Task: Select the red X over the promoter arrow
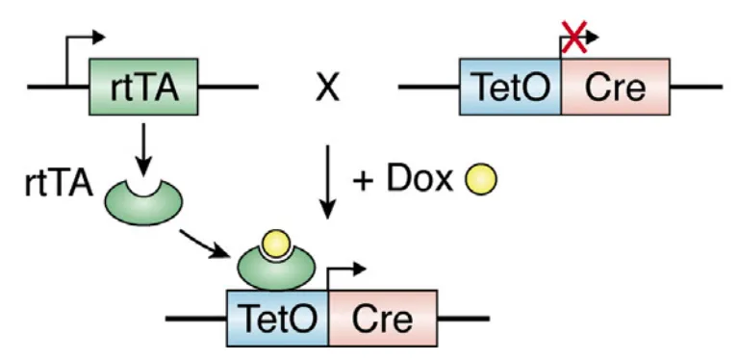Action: click(x=573, y=39)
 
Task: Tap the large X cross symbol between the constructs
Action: click(x=328, y=90)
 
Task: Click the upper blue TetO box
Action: click(x=511, y=90)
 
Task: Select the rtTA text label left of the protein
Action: click(x=57, y=183)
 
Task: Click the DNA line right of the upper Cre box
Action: click(x=695, y=90)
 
